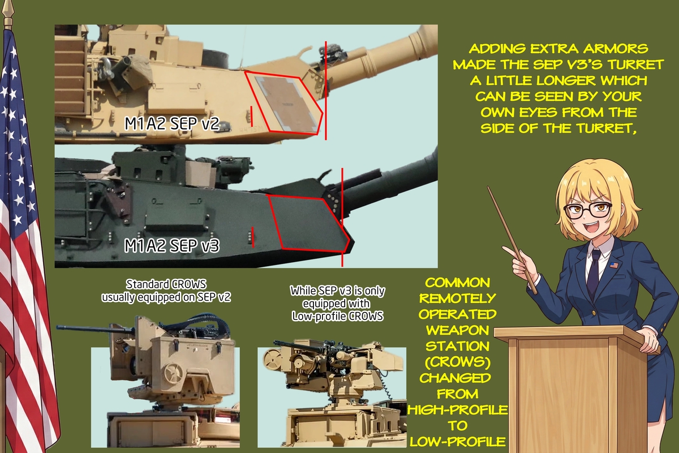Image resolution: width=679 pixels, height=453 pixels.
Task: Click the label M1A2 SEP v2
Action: click(172, 123)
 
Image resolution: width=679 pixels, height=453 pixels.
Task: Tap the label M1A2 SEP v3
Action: click(172, 245)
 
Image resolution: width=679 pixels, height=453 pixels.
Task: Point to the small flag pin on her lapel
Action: click(614, 265)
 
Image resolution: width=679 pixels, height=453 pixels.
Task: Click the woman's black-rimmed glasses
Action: click(587, 211)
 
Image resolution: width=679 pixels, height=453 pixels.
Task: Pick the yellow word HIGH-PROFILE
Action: click(457, 410)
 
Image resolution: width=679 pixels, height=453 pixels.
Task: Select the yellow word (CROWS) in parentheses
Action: click(457, 362)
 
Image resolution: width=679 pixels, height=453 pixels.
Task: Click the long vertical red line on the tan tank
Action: click(326, 91)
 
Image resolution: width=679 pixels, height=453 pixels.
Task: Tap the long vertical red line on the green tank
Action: click(342, 217)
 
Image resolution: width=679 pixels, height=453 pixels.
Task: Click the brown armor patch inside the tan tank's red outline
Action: click(286, 103)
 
